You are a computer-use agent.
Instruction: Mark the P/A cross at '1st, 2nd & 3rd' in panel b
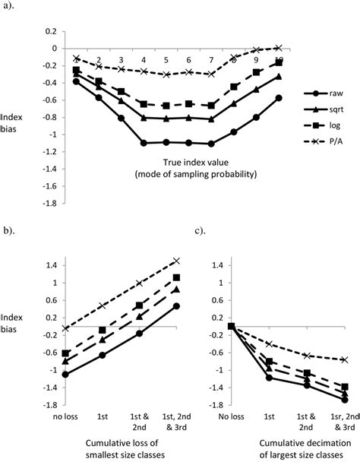click(176, 261)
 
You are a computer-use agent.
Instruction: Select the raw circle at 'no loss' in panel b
click(66, 375)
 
